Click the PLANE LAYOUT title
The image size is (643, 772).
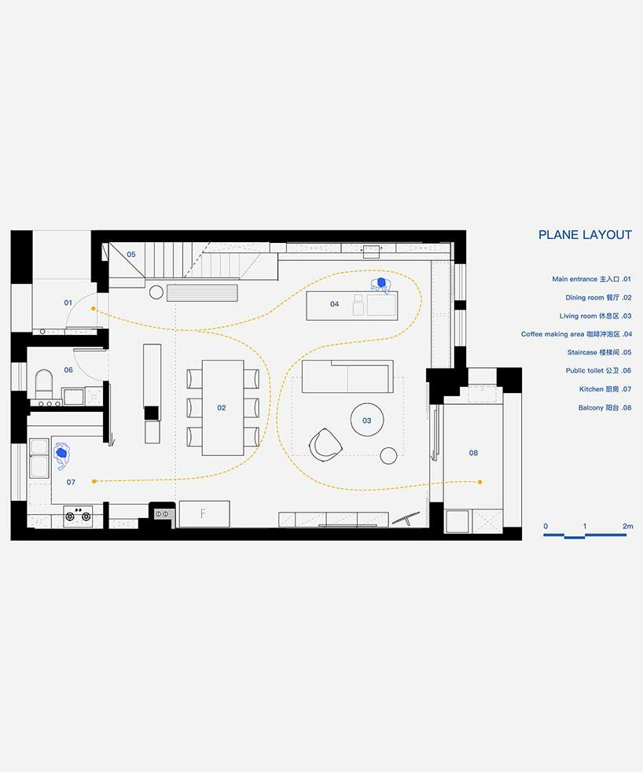tap(585, 235)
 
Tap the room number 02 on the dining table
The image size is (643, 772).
tap(222, 408)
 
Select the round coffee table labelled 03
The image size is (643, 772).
tap(367, 420)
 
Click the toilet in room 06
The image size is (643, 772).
tap(44, 383)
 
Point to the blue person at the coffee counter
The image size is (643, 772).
tap(380, 285)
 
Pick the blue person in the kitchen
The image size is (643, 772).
tap(62, 454)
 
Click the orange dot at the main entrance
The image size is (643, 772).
tap(93, 309)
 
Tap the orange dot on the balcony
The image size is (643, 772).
tap(480, 482)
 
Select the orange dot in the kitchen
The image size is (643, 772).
tap(94, 481)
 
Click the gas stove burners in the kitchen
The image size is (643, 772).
tap(78, 515)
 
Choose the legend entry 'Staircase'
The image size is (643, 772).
tap(599, 352)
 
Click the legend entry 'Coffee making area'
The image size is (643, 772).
tap(576, 334)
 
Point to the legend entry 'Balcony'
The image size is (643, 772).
tap(604, 408)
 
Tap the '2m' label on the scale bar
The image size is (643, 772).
tap(628, 526)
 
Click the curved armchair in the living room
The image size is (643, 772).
tap(325, 445)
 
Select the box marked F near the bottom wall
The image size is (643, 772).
tap(204, 513)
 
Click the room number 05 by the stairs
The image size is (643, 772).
tap(131, 255)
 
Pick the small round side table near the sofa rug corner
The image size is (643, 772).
tap(388, 455)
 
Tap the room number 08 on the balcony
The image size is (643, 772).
tap(473, 453)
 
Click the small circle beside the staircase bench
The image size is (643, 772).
tap(156, 292)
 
